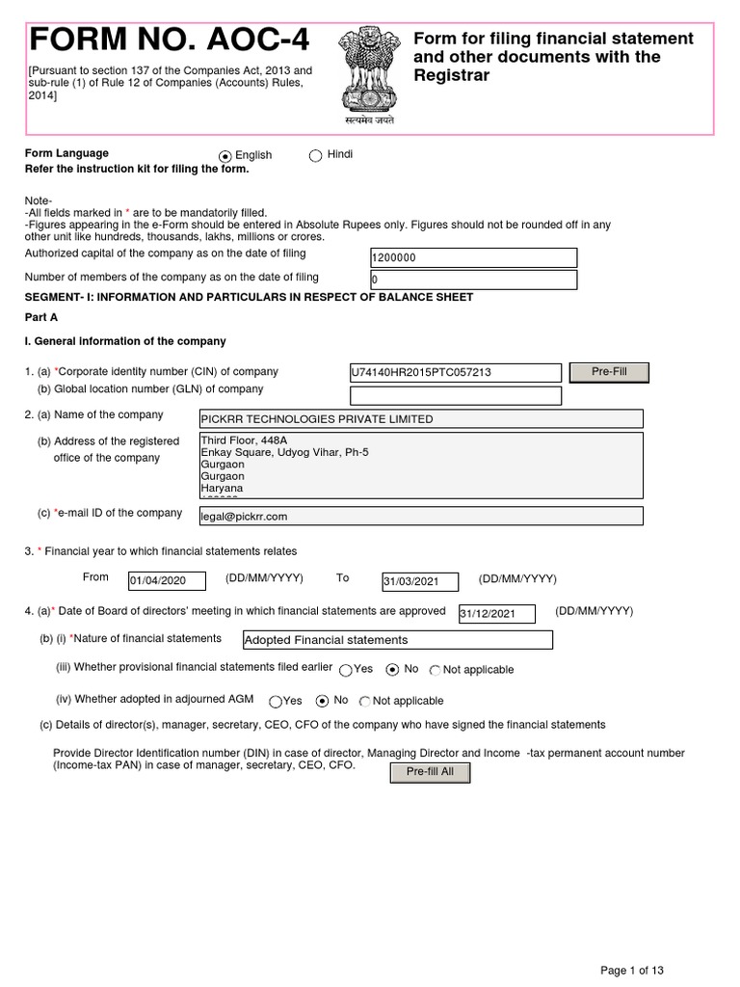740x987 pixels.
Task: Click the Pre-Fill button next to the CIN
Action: [609, 372]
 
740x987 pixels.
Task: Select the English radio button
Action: [225, 156]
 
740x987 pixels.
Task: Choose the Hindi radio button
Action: [316, 156]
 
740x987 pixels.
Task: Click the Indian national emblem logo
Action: [363, 73]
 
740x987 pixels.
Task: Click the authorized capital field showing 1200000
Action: [473, 258]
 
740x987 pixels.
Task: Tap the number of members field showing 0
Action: [473, 280]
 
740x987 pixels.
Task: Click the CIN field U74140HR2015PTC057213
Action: [455, 373]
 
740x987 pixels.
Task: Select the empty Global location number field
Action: [455, 395]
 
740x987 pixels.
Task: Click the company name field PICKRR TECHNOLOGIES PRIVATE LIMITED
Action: [419, 419]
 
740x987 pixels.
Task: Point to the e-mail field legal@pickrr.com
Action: [419, 517]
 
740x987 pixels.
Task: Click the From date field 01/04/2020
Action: [167, 581]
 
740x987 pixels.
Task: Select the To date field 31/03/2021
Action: [422, 581]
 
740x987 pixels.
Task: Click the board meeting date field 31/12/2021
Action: [501, 614]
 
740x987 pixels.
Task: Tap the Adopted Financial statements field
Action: [398, 640]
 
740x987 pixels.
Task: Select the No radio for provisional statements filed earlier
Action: [392, 670]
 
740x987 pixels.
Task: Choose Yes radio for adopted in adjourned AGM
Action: [277, 702]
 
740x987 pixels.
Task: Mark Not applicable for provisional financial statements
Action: [436, 671]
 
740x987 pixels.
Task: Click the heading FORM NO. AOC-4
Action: [171, 40]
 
